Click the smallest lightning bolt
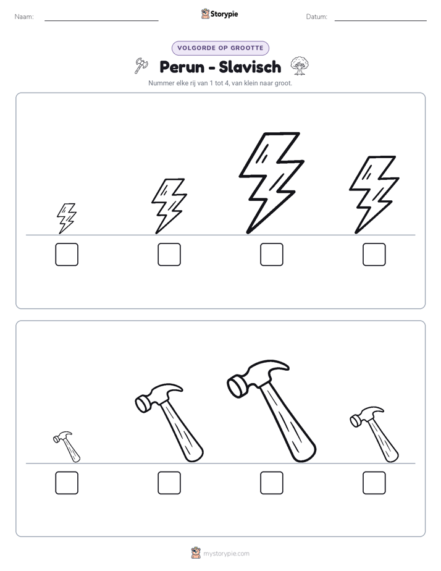tap(66, 218)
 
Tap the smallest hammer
tap(67, 446)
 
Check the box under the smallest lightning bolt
tap(67, 254)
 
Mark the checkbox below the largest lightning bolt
tap(271, 254)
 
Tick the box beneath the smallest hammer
tap(67, 483)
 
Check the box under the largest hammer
tap(271, 483)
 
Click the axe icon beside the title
tap(141, 66)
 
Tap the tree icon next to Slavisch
tap(300, 66)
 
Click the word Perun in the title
tap(182, 67)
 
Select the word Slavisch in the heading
tap(250, 67)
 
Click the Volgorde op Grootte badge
tap(220, 48)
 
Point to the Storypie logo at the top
tap(219, 14)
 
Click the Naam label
tap(24, 17)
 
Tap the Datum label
tap(317, 17)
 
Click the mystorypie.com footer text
tap(226, 554)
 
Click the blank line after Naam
tap(101, 20)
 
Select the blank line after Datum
tap(380, 20)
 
